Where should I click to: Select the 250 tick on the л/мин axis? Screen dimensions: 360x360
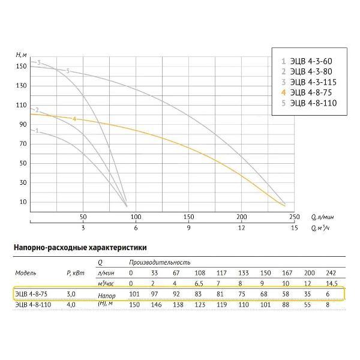point(294,217)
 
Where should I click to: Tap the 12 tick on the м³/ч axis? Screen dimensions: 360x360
point(241,229)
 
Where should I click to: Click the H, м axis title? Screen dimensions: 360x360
point(22,55)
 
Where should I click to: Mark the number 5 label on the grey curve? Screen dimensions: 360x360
point(68,71)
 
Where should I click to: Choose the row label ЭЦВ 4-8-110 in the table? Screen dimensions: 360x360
point(34,305)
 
